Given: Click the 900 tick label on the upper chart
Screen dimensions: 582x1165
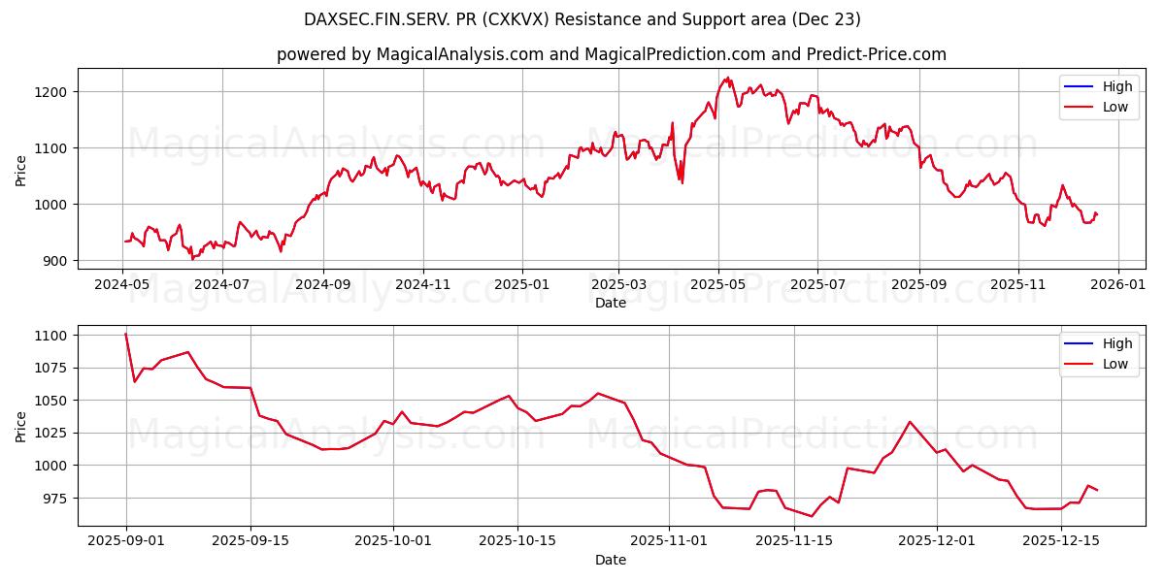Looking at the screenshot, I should point(56,261).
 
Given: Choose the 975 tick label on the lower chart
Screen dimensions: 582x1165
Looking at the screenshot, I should point(56,498).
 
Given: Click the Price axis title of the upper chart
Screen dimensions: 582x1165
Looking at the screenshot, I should point(21,170).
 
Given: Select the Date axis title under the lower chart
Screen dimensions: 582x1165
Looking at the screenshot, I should point(611,560).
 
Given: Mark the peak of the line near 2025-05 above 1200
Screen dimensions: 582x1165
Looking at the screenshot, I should point(727,78).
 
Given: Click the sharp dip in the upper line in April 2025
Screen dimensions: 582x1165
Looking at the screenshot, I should point(682,182).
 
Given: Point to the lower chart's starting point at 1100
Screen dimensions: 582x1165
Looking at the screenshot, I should point(126,335).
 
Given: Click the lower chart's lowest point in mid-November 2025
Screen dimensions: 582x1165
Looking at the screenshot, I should point(812,516).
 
